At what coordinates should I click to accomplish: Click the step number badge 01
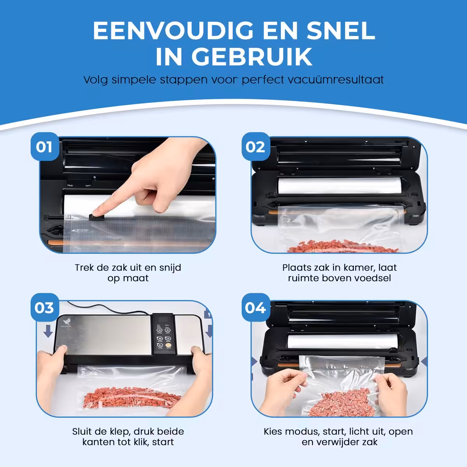(45, 147)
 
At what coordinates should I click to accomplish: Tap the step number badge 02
(256, 147)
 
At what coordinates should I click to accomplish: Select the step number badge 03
(45, 307)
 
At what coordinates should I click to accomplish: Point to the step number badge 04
(256, 307)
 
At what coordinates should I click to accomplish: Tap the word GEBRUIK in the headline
(252, 56)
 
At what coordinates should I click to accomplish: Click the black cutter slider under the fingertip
(96, 217)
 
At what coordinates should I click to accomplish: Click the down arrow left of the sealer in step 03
(48, 331)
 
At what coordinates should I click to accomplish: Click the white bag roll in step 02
(339, 186)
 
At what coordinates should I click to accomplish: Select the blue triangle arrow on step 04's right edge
(424, 362)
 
